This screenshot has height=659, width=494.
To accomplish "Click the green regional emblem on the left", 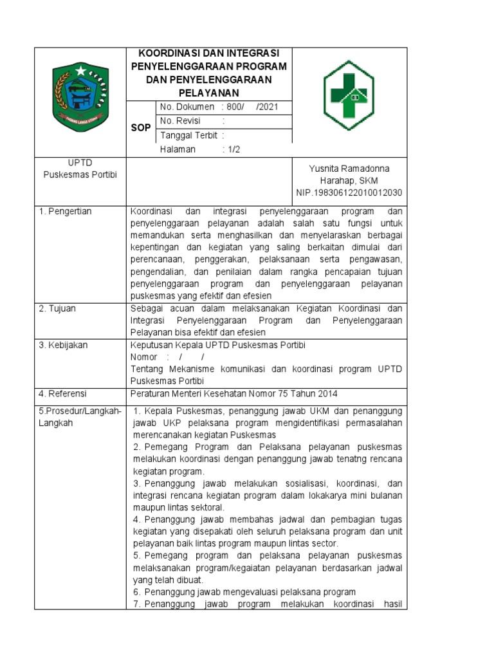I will click(80, 98).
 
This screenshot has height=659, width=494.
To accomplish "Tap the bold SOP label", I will click(141, 128).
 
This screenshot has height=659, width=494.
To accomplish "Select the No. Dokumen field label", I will click(187, 107).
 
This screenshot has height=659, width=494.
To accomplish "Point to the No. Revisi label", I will click(180, 121).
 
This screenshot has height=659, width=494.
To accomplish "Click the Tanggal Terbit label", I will click(188, 135).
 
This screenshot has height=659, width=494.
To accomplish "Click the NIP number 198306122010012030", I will click(349, 192).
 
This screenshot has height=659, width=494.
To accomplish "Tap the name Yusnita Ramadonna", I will click(349, 169).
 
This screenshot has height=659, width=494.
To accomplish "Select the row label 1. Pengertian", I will click(66, 211).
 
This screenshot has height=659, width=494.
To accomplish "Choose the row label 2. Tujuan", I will click(57, 309).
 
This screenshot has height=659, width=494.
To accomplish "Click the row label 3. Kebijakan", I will click(63, 345).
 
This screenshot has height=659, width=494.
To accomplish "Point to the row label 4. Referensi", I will click(63, 393).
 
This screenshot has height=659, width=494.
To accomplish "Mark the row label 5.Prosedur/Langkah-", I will click(80, 411).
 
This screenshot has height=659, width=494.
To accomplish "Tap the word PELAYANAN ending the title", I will click(208, 93).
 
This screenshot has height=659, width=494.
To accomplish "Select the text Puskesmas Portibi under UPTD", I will click(80, 176).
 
